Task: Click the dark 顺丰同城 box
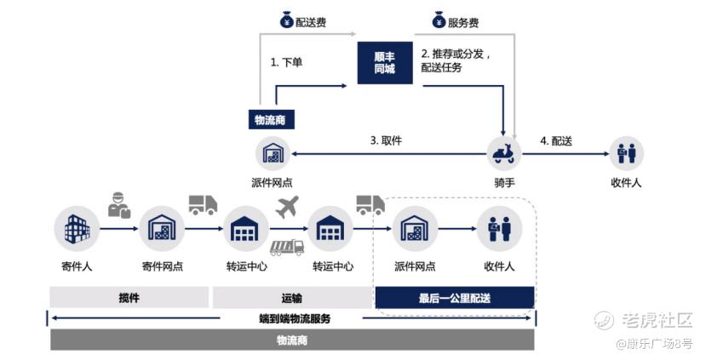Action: pyautogui.click(x=385, y=61)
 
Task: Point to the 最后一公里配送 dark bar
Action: pyautogui.click(x=455, y=298)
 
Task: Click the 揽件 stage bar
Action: pyautogui.click(x=129, y=298)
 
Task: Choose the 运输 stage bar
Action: pyautogui.click(x=291, y=298)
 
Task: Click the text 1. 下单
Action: pyautogui.click(x=287, y=62)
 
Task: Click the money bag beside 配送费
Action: pyautogui.click(x=286, y=20)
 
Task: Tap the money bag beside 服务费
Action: pyautogui.click(x=439, y=20)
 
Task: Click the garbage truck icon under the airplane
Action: pyautogui.click(x=286, y=247)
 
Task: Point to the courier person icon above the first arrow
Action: pyautogui.click(x=119, y=205)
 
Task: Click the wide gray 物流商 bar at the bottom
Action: pyautogui.click(x=291, y=340)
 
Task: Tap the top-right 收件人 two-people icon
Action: pyautogui.click(x=626, y=154)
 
